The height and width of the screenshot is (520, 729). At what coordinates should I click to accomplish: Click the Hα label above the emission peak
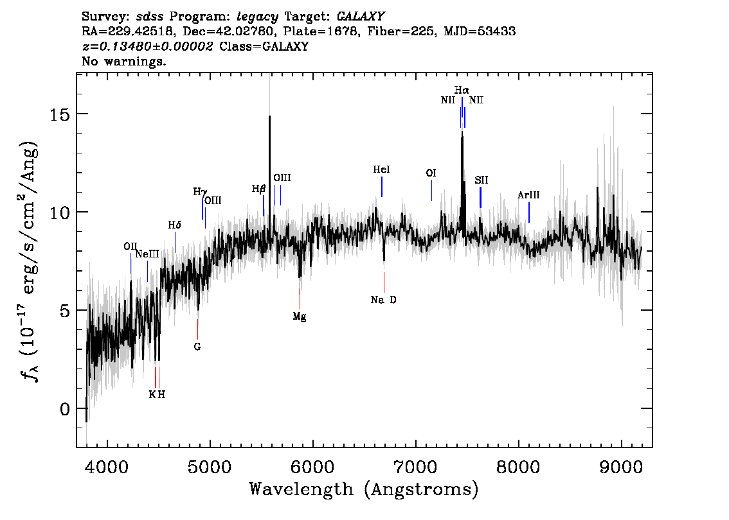[462, 91]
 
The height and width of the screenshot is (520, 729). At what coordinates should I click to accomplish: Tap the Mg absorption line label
[300, 316]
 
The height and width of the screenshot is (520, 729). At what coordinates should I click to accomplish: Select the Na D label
[384, 300]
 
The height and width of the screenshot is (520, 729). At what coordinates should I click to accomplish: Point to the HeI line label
[382, 170]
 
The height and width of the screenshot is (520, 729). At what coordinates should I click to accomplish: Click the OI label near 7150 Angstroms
[431, 173]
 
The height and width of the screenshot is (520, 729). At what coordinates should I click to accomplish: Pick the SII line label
[482, 180]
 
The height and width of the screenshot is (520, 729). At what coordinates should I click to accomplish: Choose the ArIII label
[528, 195]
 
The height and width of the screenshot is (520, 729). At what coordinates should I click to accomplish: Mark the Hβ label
[259, 189]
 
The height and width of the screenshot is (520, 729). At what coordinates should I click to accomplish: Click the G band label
[197, 347]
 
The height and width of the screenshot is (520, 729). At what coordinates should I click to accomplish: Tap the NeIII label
[147, 254]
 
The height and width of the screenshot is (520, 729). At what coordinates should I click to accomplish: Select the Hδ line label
[175, 225]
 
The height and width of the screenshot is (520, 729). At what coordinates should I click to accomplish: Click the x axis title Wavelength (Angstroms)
[364, 490]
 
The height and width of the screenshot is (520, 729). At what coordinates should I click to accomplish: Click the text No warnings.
[124, 62]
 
